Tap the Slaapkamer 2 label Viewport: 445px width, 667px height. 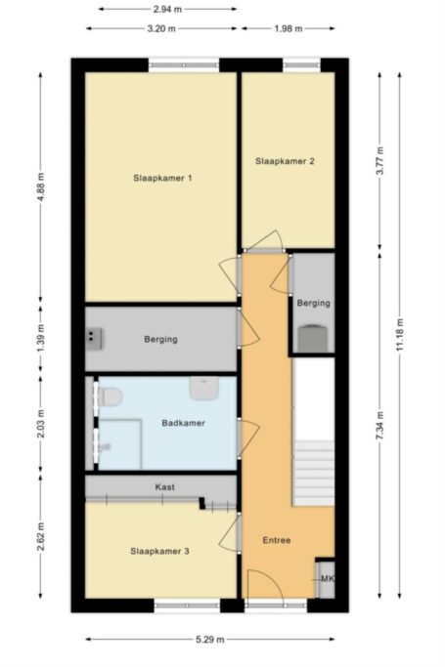pos(285,161)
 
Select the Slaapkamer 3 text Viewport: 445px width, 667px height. pos(159,552)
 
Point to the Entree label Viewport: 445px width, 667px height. pos(277,540)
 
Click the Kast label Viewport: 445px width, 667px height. pos(164,486)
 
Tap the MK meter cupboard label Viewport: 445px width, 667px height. pos(328,579)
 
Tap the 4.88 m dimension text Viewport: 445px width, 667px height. pos(41,186)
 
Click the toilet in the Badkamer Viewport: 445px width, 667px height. pos(111,396)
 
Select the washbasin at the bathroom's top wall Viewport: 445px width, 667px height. pos(203,389)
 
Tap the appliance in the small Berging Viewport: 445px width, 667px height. pos(313,338)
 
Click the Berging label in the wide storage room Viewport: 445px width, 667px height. pos(160,340)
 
